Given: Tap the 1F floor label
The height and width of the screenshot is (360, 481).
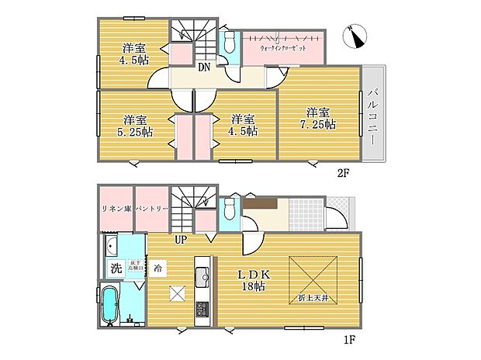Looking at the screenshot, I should [x=351, y=339].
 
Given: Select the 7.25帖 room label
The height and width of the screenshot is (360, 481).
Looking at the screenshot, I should [x=318, y=118].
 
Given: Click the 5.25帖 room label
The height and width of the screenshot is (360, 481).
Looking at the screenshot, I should [x=136, y=126].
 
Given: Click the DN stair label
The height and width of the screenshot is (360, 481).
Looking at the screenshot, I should [x=204, y=67].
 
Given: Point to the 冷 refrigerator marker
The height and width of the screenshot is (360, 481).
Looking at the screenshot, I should [x=157, y=268].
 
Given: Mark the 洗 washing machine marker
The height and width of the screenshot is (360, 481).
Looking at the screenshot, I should [x=115, y=269].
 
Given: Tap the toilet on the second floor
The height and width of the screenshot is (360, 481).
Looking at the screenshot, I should [x=230, y=42].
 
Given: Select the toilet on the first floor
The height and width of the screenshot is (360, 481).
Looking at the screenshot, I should [x=230, y=210].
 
